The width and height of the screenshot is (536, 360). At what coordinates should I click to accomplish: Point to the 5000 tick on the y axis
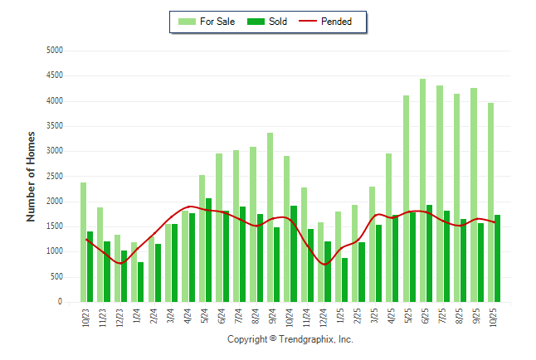click(x=54, y=50)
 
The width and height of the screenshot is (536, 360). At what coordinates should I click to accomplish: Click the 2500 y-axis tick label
click(x=54, y=176)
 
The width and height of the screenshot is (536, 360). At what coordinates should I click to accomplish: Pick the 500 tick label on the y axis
click(x=56, y=277)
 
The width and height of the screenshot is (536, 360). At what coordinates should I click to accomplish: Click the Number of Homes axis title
click(x=32, y=176)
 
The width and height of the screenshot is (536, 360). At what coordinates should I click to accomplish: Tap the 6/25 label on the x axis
click(x=426, y=319)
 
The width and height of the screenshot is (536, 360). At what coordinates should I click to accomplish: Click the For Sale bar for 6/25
click(x=422, y=191)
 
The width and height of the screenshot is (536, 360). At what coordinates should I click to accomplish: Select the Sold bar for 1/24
click(x=141, y=282)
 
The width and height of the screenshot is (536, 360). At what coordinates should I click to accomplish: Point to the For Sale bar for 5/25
click(x=406, y=199)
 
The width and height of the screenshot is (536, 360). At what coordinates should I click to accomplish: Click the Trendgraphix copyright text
click(x=290, y=339)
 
